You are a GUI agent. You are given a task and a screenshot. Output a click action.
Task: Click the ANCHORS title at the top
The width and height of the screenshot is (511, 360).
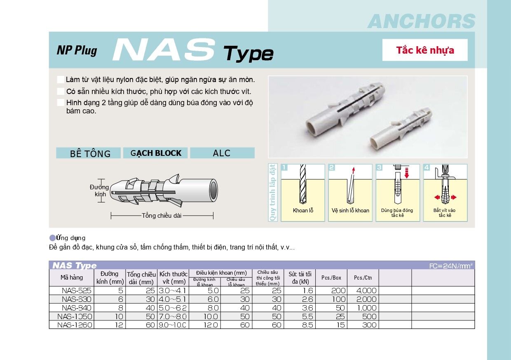point(421,21)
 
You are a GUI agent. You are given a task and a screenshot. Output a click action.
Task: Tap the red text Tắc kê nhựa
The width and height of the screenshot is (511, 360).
point(425,50)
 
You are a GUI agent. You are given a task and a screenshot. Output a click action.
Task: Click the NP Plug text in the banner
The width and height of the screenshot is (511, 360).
point(77,50)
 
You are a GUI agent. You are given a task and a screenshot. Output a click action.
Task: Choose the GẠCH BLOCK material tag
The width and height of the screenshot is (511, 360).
point(156,153)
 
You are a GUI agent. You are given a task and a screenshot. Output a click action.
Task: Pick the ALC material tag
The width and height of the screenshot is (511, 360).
point(222,153)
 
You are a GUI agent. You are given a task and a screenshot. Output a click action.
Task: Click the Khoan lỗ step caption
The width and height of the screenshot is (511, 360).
point(303,210)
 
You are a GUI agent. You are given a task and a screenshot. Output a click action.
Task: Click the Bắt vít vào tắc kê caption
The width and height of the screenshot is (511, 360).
point(445,213)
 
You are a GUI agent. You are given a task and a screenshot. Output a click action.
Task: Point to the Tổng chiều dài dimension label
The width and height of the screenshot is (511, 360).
point(162,215)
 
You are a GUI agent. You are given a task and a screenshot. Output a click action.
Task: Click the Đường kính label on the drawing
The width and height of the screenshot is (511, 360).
point(99,191)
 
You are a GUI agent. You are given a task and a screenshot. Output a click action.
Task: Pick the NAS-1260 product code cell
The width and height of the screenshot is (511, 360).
point(75,325)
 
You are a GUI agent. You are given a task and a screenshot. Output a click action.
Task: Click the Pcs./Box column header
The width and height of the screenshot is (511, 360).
point(331,278)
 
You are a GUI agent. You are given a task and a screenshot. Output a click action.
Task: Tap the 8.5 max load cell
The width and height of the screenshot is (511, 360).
point(307,325)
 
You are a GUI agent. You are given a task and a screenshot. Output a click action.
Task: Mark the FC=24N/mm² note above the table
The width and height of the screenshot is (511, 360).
point(451,266)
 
